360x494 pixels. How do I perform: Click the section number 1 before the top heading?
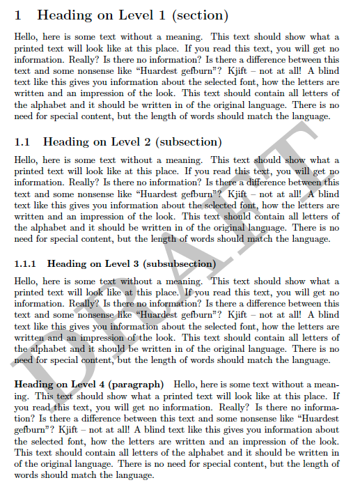click(x=18, y=15)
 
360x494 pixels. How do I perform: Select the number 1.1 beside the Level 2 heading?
click(x=22, y=141)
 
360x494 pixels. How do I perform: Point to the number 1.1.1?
click(x=26, y=264)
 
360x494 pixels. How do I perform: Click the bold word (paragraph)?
click(x=139, y=384)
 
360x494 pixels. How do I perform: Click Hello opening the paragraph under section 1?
click(x=26, y=37)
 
